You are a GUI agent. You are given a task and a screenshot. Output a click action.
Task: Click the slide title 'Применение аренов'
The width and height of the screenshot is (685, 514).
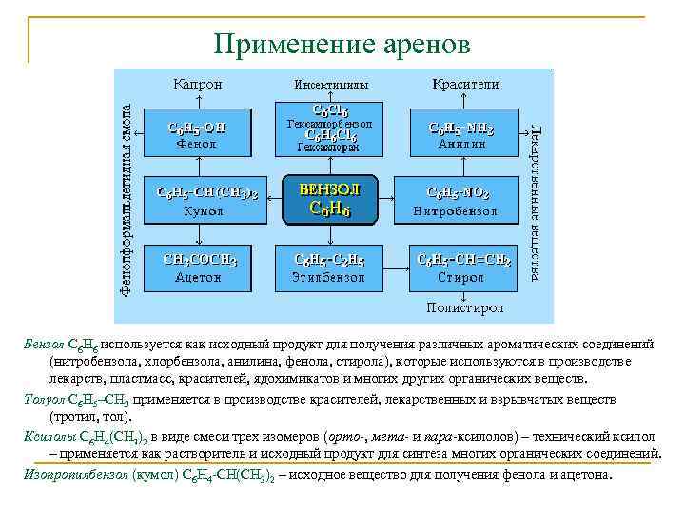(x=342, y=44)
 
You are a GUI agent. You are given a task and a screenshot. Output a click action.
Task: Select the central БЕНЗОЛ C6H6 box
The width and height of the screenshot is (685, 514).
(x=330, y=199)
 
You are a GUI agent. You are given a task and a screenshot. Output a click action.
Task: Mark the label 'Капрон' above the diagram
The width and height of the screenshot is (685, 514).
(x=198, y=84)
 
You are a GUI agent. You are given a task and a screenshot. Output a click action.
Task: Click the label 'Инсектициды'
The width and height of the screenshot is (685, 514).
(x=328, y=85)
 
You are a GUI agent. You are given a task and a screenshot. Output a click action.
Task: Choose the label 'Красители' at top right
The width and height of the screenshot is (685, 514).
(x=464, y=84)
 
